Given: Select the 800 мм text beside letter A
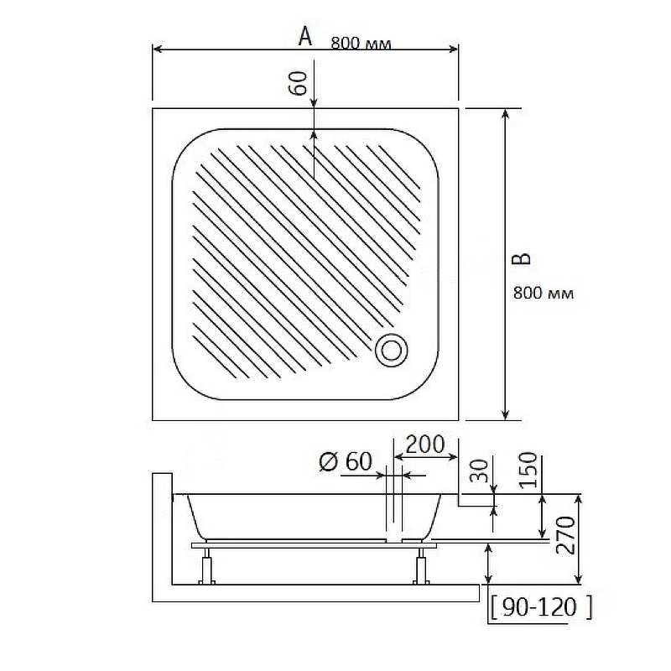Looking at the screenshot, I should point(361,44).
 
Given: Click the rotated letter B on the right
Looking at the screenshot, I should point(522,258).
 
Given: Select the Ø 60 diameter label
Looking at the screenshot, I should point(345,461).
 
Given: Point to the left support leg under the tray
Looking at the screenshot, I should point(205,567).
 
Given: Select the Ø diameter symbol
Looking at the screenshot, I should point(328,461).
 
